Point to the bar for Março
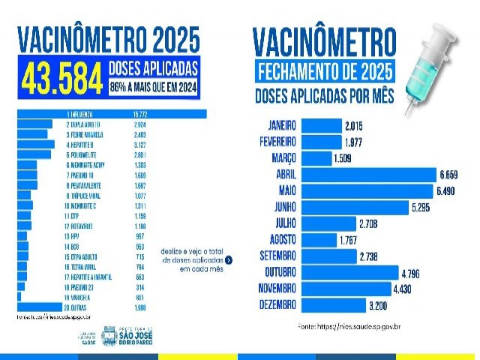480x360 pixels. tap(316, 157)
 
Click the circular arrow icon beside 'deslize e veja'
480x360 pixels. tap(229, 260)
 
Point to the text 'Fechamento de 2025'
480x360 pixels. tap(325, 73)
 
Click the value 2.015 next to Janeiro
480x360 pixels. tap(355, 124)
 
